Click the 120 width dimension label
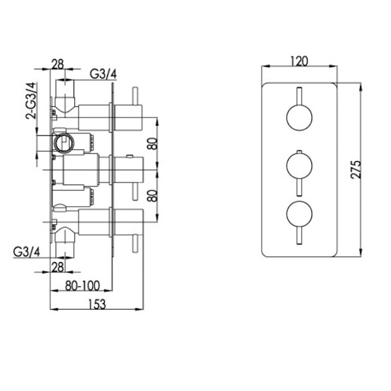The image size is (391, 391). pos(298,61)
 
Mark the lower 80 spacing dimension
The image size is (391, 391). pos(151,196)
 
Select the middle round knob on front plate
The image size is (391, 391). pos(298,166)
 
